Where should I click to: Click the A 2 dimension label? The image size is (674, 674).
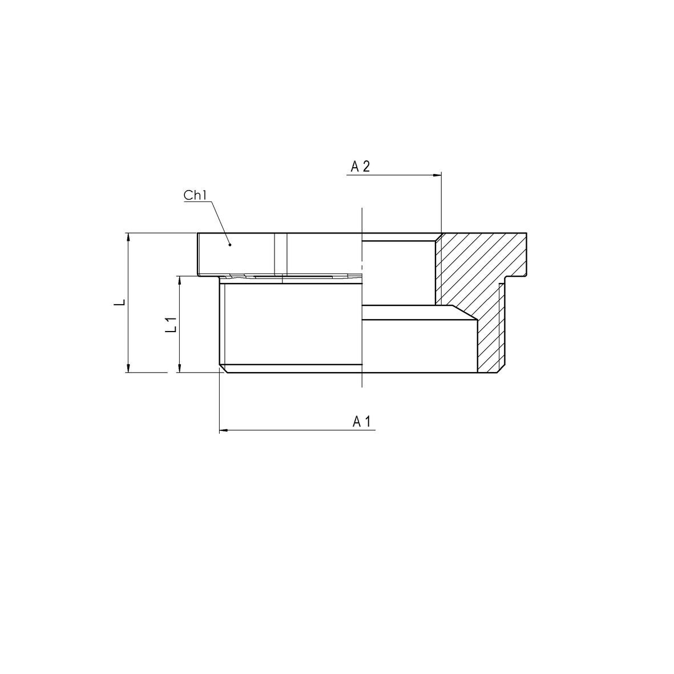click(x=360, y=166)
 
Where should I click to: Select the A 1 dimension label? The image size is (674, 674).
click(x=361, y=422)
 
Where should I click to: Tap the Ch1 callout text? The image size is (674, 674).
click(x=195, y=195)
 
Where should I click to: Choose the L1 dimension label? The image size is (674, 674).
click(x=172, y=325)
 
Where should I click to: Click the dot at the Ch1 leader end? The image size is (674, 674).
click(x=230, y=245)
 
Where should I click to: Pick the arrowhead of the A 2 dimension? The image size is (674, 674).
click(x=437, y=175)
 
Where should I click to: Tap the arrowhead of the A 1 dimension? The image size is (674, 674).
click(x=224, y=430)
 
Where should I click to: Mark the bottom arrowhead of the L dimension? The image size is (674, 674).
click(x=128, y=368)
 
